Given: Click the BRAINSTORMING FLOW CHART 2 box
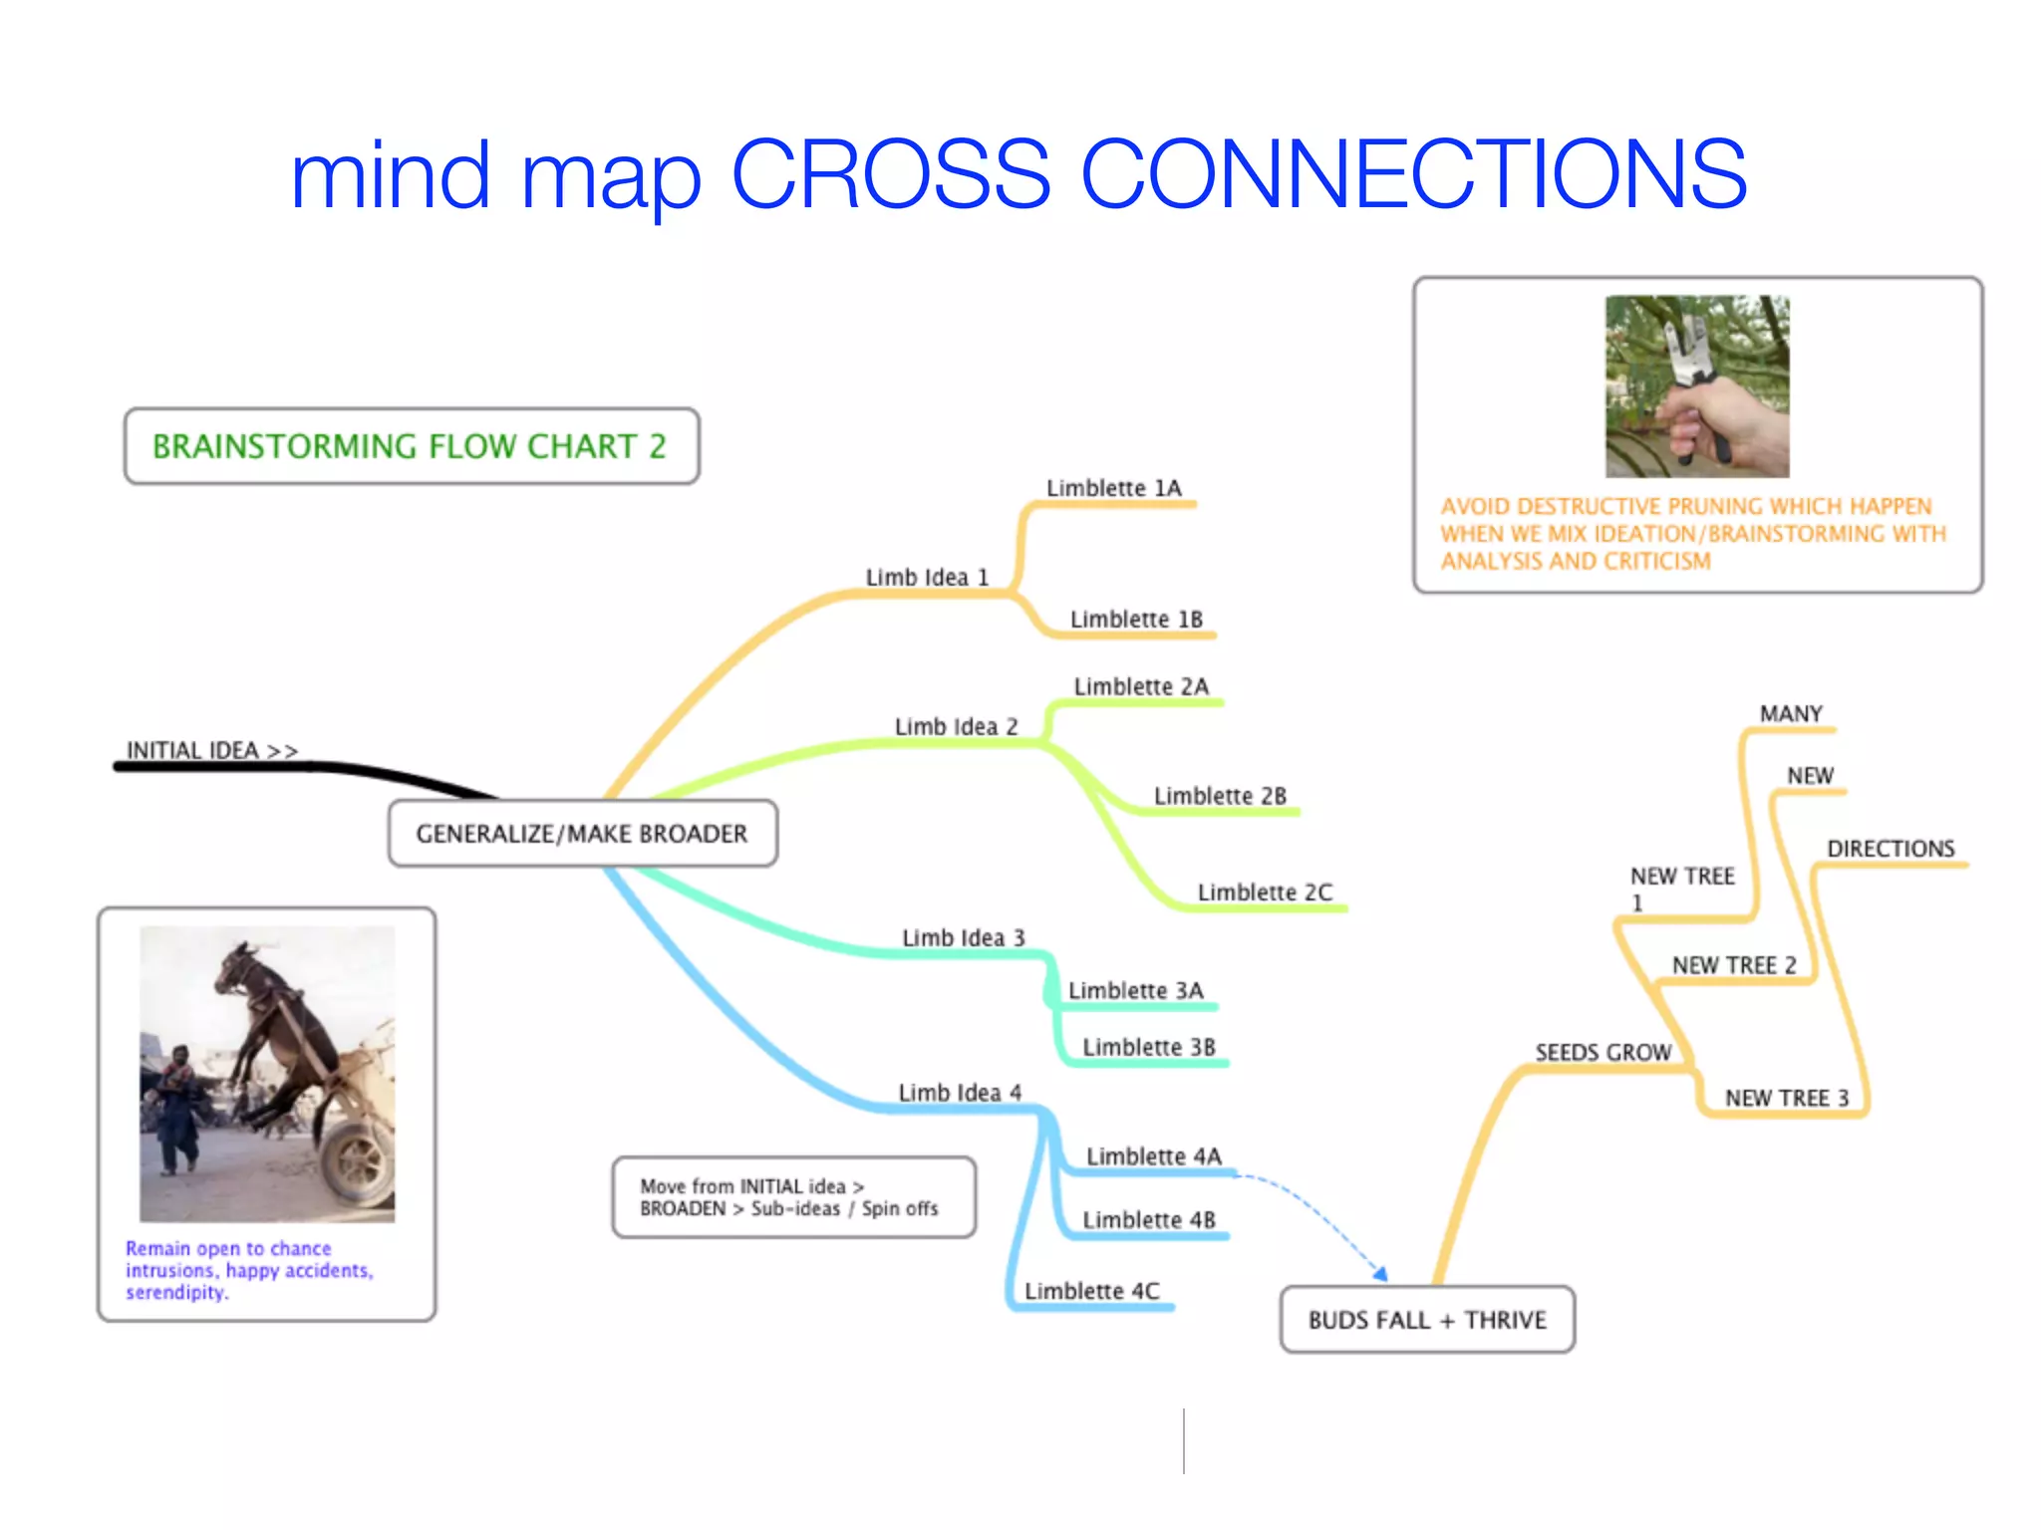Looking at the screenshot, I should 410,446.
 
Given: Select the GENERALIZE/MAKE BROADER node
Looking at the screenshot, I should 582,834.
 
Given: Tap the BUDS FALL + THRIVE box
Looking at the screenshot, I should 1426,1320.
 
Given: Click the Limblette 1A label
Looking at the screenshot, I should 1113,488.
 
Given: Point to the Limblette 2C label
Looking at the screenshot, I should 1264,892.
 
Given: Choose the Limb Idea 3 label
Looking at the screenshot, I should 963,938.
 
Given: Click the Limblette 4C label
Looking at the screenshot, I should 1091,1291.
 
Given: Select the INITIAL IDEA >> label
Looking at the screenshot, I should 211,750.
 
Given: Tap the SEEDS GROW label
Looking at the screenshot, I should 1603,1053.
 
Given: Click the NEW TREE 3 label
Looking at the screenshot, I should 1786,1098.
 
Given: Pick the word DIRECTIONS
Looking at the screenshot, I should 1891,849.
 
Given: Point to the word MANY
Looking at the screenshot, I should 1790,714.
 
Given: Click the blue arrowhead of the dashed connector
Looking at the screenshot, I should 1379,1273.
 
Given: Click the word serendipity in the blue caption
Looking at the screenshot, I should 175,1293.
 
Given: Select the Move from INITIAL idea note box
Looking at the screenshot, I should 793,1197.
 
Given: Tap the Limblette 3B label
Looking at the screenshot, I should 1148,1047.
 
